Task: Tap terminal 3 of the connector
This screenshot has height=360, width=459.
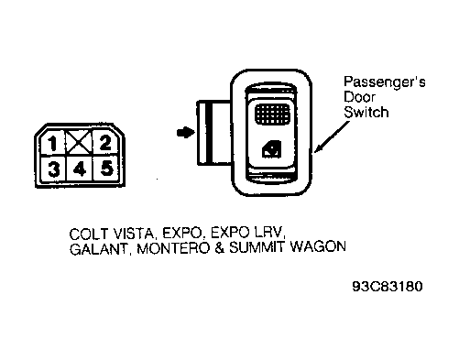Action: (53, 168)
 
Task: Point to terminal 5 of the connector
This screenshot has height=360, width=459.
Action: (105, 168)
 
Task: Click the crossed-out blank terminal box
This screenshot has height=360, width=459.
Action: (79, 141)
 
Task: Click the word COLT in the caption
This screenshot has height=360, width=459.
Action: (88, 232)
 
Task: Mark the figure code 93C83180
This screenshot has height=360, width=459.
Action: (388, 284)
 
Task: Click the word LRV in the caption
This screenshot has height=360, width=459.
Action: (266, 232)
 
